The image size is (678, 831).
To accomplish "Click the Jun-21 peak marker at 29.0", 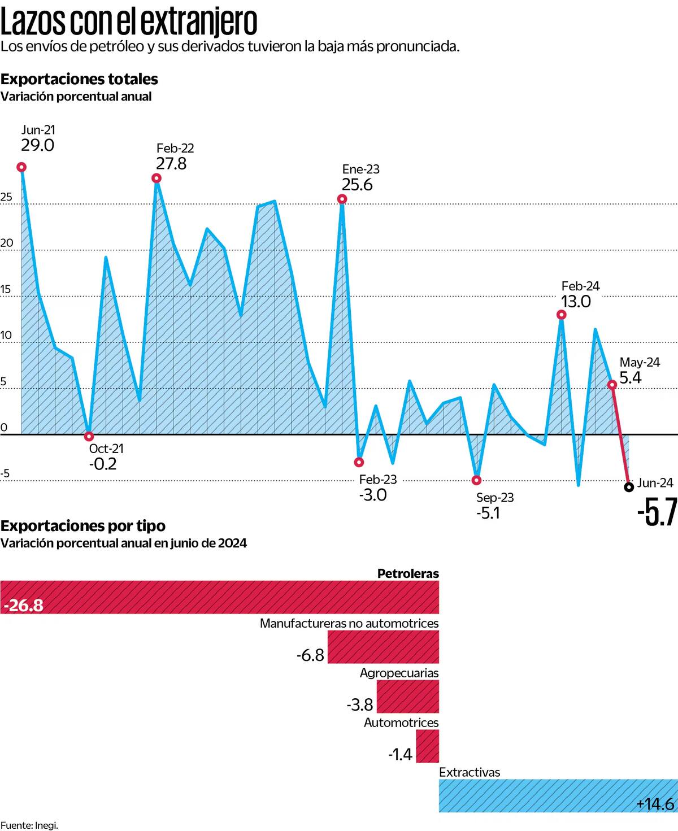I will (21, 167).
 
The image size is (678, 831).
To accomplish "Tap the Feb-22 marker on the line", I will (157, 179).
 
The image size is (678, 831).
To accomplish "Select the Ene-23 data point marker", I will (342, 199).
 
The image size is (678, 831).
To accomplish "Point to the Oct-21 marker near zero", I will (89, 436).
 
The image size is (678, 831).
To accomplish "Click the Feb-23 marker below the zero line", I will (359, 462).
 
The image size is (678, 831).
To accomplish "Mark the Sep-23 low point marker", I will (476, 480).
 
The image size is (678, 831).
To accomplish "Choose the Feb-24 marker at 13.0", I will (561, 315).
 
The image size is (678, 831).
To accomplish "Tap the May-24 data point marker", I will (612, 385).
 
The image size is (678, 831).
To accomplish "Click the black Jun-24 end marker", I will (629, 487).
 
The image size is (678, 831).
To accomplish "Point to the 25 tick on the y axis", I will (6, 197).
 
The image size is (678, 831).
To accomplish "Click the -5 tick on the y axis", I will (5, 473).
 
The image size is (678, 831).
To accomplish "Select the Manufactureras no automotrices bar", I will (383, 647).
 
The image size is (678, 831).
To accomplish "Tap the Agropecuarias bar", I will (407, 697).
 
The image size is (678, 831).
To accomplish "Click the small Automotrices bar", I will (427, 746).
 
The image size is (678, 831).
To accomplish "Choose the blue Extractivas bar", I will (558, 795).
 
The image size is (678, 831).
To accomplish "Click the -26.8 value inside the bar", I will (23, 606).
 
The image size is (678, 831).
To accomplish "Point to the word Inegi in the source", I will (46, 825).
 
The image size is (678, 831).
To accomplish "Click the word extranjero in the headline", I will (198, 23).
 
